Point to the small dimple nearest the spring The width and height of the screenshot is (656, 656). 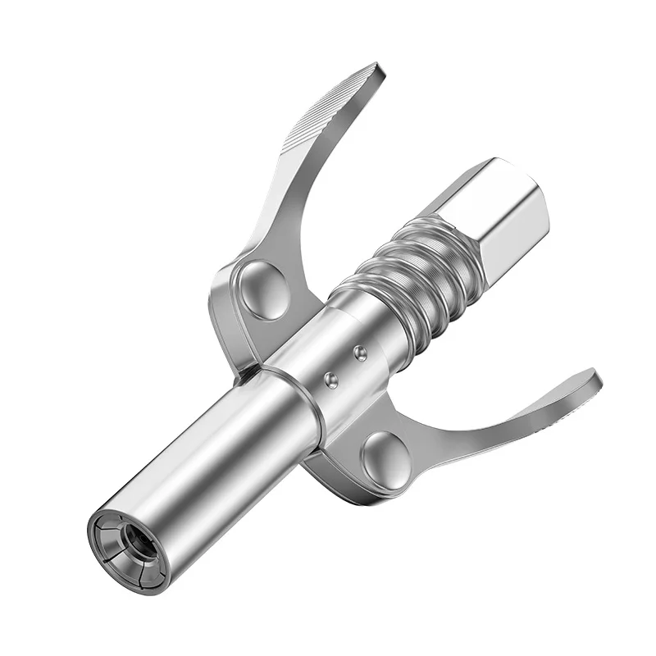pos(359,353)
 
